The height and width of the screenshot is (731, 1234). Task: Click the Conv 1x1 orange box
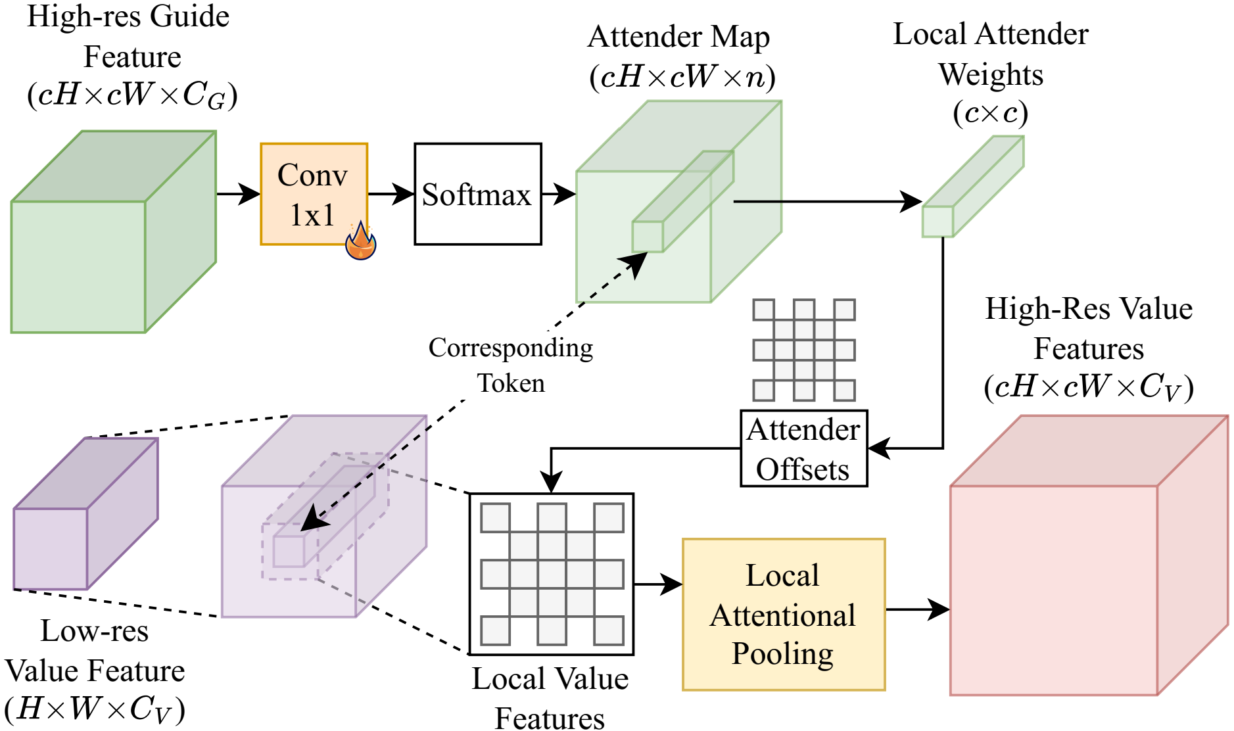pos(314,194)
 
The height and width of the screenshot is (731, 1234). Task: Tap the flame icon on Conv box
pos(361,242)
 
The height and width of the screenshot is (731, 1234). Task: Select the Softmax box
pos(477,195)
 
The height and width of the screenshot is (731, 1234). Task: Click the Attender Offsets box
pos(803,449)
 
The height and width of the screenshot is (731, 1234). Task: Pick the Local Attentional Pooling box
pos(784,615)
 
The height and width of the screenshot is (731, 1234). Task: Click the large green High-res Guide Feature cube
pos(99,250)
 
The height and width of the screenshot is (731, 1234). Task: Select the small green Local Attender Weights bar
pos(972,187)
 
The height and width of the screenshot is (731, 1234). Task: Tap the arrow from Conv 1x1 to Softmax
pos(391,194)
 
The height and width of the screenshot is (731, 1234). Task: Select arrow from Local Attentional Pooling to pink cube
pos(917,609)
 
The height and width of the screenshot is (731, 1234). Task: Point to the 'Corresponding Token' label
pos(511,365)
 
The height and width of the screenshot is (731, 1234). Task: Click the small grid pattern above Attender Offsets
pos(803,350)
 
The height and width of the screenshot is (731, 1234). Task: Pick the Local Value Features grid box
pos(552,574)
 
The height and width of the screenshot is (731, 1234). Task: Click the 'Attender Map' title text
pos(678,37)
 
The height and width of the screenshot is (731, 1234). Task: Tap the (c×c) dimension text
pos(990,113)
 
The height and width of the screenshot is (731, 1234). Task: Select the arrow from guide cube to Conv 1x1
pos(238,194)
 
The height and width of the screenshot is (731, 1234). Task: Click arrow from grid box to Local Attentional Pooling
pos(657,584)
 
